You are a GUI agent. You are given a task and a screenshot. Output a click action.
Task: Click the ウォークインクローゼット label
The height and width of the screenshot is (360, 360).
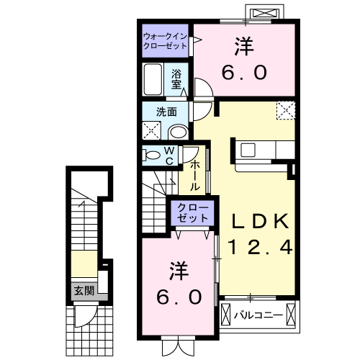coord(165,40)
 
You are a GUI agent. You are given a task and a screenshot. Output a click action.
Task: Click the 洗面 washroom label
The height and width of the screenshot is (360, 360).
coord(167,112)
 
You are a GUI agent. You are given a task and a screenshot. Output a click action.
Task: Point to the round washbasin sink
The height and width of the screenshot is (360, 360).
coord(178,132)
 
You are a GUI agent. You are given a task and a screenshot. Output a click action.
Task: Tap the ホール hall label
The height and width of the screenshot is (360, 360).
coord(194,175)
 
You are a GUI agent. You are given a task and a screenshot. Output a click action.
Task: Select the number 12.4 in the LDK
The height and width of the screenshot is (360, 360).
coord(260,248)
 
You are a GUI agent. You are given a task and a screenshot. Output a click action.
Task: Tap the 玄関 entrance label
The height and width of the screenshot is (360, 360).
coord(83,291)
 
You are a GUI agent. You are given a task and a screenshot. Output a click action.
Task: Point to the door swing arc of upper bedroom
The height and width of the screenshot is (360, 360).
coord(202,91)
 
